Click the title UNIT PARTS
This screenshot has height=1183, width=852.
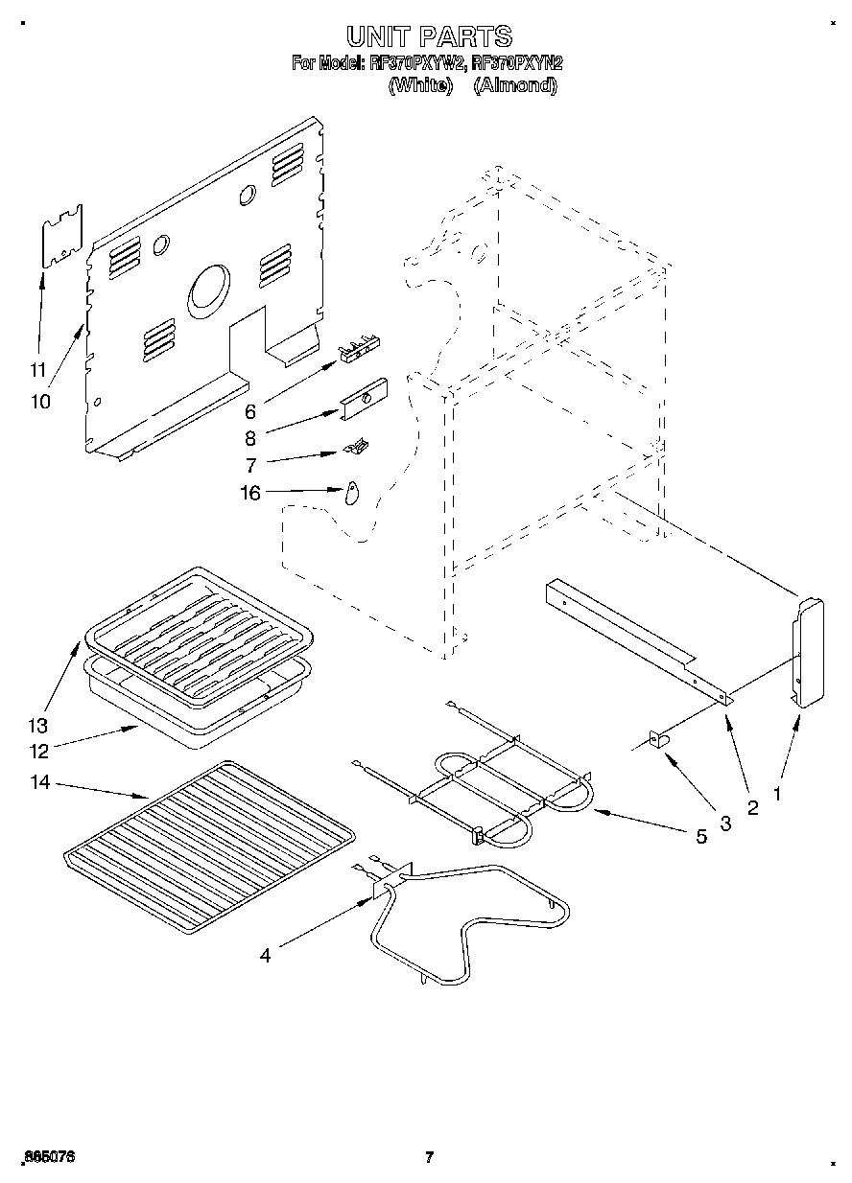429,36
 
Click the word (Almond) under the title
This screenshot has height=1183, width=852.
515,84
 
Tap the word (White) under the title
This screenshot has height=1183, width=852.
419,84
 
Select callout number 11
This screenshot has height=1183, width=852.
37,370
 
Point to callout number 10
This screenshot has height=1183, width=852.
40,402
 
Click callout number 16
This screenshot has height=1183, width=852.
250,494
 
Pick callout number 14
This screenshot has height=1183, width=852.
39,783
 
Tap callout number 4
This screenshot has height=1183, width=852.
264,954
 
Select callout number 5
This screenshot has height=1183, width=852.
700,837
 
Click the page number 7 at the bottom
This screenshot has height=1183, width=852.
429,1157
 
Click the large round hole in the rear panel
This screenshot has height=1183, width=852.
208,290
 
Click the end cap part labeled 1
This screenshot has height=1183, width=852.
805,651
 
